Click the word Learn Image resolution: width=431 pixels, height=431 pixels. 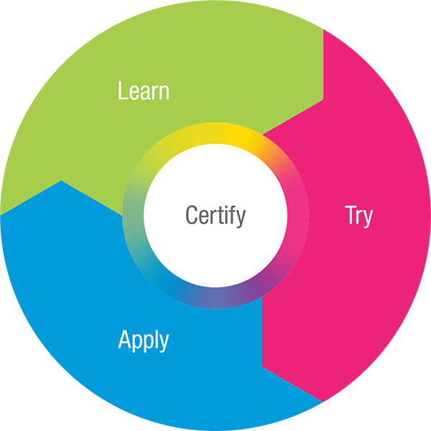144,91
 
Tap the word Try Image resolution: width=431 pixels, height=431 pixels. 358,215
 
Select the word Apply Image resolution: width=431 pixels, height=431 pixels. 144,340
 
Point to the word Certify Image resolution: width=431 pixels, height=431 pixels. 215,215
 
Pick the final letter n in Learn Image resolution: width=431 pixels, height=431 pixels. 164,93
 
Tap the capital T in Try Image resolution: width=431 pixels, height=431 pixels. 351,214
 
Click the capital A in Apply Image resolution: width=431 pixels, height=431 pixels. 124,339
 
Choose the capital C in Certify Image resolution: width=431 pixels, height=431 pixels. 191,215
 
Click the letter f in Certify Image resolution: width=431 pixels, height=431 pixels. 233,214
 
